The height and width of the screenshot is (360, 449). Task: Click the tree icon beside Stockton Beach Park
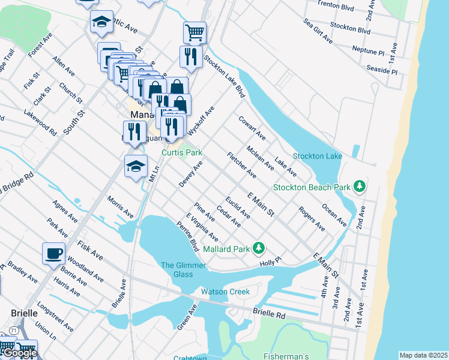360,187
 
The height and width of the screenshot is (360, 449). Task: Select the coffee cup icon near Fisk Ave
53,253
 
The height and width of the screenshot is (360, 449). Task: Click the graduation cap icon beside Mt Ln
136,166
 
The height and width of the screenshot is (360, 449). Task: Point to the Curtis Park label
182,153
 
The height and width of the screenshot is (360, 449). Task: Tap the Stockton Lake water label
318,157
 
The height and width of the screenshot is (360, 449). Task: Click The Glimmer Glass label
183,269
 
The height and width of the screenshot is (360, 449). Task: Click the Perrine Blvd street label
188,236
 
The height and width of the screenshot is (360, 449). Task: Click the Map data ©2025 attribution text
423,355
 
